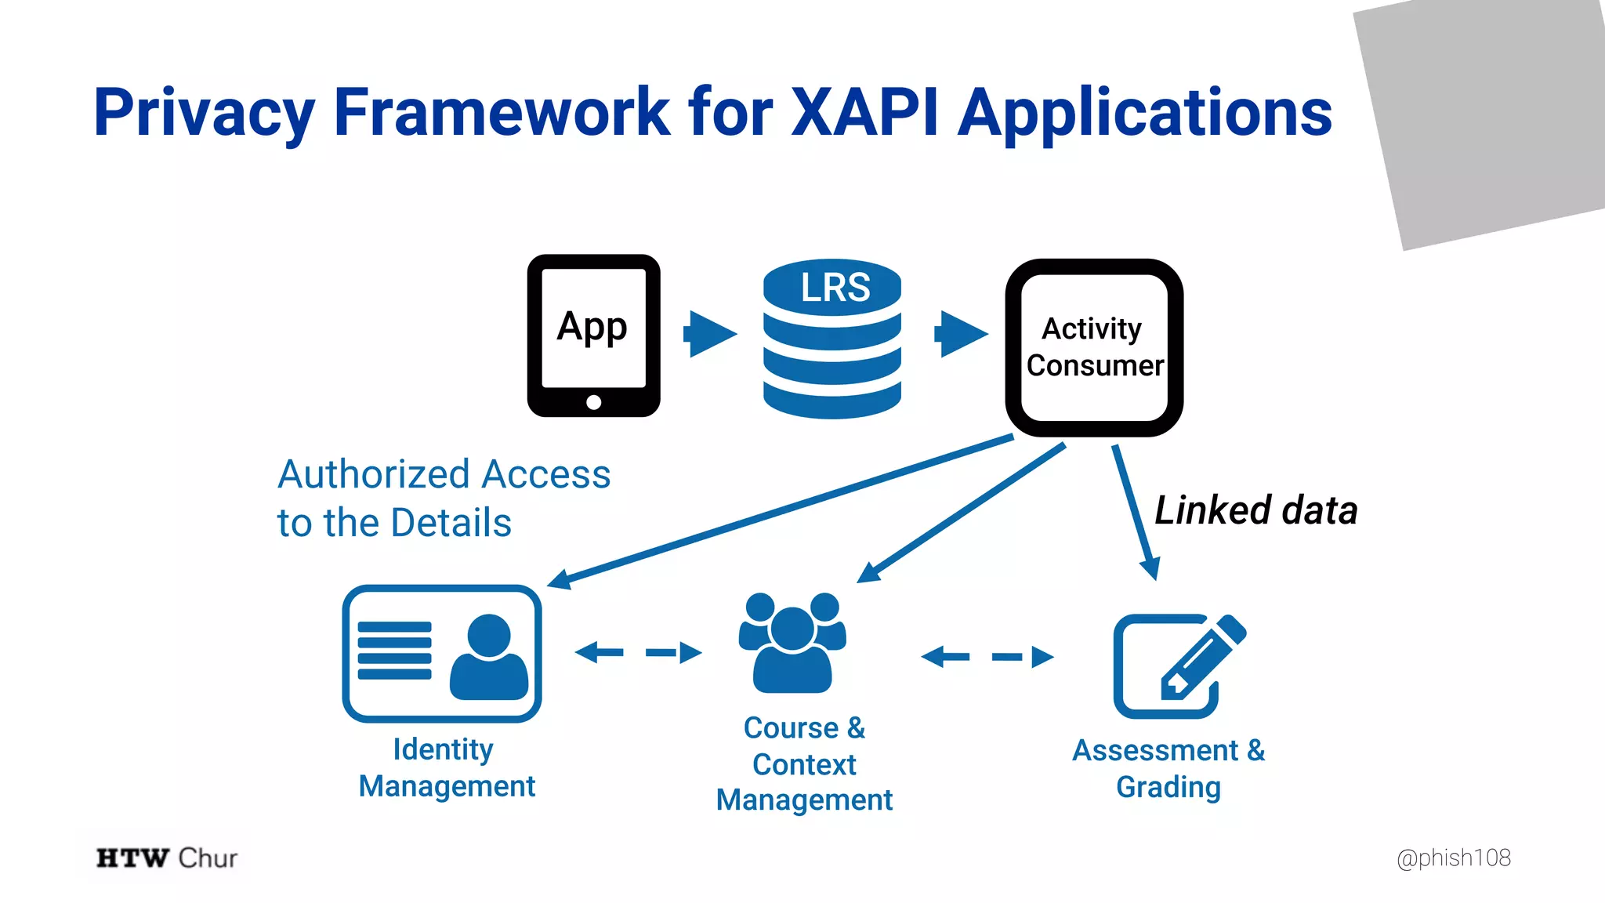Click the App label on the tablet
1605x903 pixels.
[592, 326]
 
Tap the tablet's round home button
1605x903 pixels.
[593, 402]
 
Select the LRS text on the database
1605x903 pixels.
[835, 287]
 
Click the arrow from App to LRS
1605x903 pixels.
[710, 334]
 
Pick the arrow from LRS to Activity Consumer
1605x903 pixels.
[961, 334]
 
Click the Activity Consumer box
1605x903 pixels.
[1094, 347]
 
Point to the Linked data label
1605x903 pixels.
[1255, 510]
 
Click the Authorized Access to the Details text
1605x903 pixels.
[443, 499]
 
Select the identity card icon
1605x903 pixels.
[442, 653]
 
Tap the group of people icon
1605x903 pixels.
[792, 643]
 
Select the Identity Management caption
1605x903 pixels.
[446, 767]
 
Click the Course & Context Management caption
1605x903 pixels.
[804, 763]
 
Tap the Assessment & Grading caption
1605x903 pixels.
[1168, 768]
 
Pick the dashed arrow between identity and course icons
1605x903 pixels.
[638, 652]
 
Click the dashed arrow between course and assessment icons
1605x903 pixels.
[987, 656]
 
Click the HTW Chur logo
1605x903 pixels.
[166, 858]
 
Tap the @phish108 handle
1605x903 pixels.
[1453, 858]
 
